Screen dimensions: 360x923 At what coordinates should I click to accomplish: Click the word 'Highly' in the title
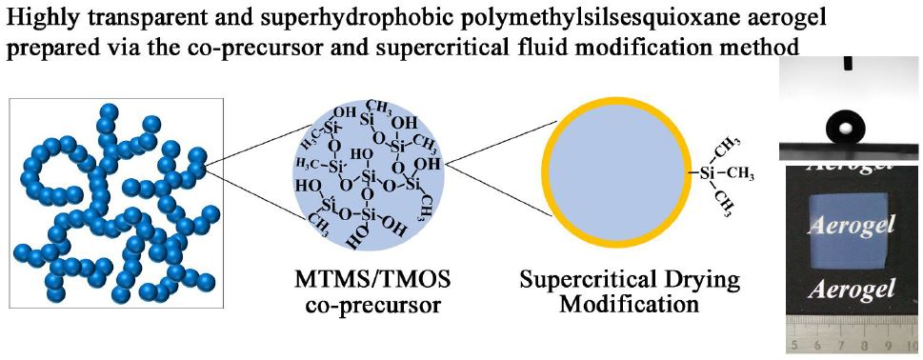[40, 16]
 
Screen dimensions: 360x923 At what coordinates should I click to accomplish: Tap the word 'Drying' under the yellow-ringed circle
[698, 283]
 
